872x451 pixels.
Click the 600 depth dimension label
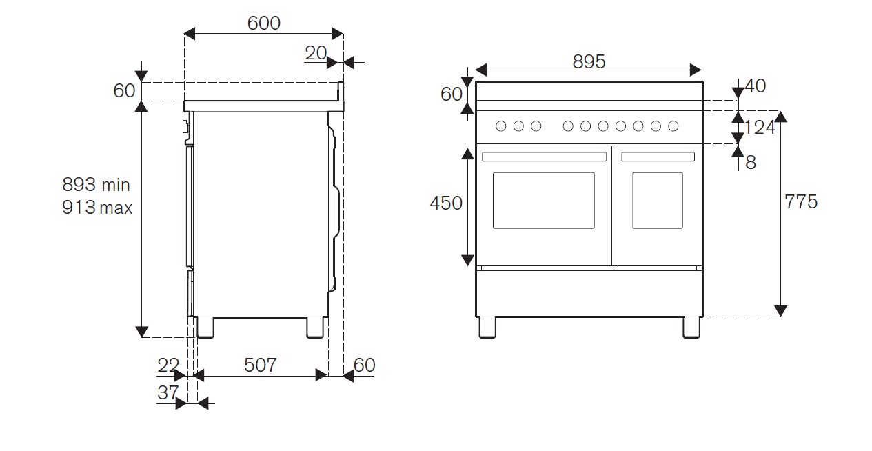pyautogui.click(x=263, y=23)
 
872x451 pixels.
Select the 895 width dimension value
pyautogui.click(x=589, y=61)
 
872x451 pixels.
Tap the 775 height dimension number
pyautogui.click(x=800, y=201)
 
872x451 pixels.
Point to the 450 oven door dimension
pyautogui.click(x=445, y=203)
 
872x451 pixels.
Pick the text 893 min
pyautogui.click(x=96, y=184)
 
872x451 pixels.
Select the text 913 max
pyautogui.click(x=97, y=207)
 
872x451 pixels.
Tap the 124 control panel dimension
pyautogui.click(x=760, y=127)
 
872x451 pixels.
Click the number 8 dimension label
pyautogui.click(x=751, y=162)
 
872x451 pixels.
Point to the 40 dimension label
pyautogui.click(x=756, y=86)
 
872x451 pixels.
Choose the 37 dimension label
pyautogui.click(x=168, y=392)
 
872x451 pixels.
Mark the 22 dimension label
pyautogui.click(x=168, y=365)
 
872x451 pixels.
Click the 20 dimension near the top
pyautogui.click(x=316, y=52)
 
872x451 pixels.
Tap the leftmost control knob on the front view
pyautogui.click(x=501, y=126)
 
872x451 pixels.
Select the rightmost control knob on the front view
pyautogui.click(x=673, y=126)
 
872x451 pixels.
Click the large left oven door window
pyautogui.click(x=543, y=201)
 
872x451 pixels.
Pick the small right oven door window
pyautogui.click(x=658, y=201)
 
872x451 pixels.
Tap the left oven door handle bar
pyautogui.click(x=544, y=157)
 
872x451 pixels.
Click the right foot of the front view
pyautogui.click(x=691, y=328)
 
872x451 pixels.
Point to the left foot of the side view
pyautogui.click(x=205, y=328)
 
